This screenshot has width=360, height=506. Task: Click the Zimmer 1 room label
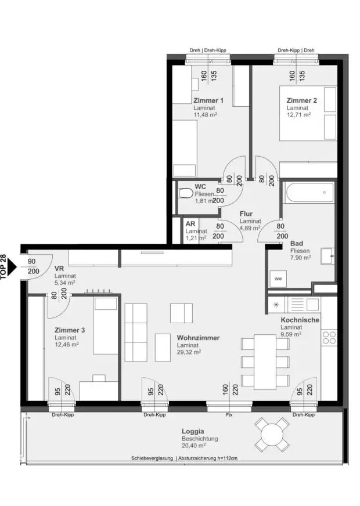click(208, 100)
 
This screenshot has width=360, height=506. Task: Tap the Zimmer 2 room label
click(301, 100)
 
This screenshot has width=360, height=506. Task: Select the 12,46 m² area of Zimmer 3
click(67, 344)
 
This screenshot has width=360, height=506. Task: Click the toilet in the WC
click(185, 193)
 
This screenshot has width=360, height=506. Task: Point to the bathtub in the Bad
click(309, 193)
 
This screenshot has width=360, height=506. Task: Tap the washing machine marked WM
click(278, 279)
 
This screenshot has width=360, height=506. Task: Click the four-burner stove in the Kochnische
click(329, 337)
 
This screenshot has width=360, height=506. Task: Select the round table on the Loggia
click(271, 435)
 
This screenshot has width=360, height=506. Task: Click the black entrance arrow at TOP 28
click(12, 266)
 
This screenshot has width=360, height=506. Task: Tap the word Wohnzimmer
click(198, 338)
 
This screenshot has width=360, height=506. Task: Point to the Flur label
click(246, 214)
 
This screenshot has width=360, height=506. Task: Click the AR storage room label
click(190, 223)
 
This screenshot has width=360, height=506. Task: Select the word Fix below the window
click(229, 415)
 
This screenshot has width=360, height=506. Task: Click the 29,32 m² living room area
click(189, 352)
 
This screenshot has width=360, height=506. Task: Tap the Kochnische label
click(300, 320)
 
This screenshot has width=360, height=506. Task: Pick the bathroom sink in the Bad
click(327, 256)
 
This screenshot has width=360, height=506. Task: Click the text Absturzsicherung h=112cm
click(208, 458)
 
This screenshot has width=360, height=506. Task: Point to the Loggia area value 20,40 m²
click(194, 446)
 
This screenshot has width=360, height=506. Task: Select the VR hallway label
click(59, 269)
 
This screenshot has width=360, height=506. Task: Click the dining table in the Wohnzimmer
click(265, 362)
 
